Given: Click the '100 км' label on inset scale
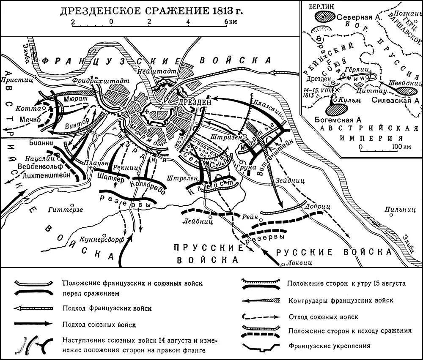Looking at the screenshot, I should click(x=401, y=147).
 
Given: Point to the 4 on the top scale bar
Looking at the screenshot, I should click(x=187, y=22).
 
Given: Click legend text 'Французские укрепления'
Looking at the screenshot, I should click(x=330, y=346).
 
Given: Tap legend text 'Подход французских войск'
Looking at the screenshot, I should click(x=107, y=308).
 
